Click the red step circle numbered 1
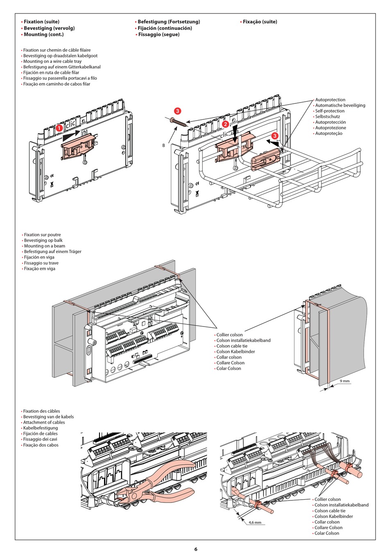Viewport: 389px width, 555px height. (x=59, y=128)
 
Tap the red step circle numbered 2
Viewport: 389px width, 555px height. (x=225, y=124)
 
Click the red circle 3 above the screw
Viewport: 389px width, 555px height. (x=177, y=111)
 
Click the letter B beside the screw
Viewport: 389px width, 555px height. (x=164, y=145)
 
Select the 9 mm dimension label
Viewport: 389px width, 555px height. (x=345, y=381)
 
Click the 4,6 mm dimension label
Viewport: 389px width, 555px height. (x=255, y=522)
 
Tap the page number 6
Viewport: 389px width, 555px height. (x=195, y=549)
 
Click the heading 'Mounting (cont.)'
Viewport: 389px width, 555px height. (x=43, y=34)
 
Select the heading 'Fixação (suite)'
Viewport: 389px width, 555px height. (x=260, y=22)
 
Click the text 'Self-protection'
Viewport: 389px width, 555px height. (x=330, y=111)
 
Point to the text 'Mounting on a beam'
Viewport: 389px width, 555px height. (x=44, y=246)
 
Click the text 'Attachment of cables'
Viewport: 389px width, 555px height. (x=44, y=422)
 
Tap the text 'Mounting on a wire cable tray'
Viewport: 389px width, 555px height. (x=52, y=61)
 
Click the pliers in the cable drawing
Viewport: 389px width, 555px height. (x=164, y=482)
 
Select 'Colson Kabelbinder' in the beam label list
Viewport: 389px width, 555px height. (x=235, y=352)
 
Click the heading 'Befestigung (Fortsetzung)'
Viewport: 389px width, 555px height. (x=169, y=22)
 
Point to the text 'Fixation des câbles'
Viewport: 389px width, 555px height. (x=41, y=411)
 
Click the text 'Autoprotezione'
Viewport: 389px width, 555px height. (x=330, y=128)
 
